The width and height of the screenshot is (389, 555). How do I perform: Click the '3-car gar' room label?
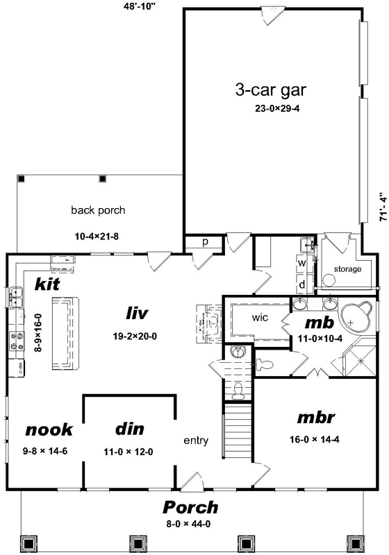coord(270,89)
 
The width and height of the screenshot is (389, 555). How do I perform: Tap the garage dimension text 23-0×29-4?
coord(276,109)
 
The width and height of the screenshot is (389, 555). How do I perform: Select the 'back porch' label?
coord(98,210)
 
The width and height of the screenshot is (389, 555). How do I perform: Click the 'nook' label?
coord(49,429)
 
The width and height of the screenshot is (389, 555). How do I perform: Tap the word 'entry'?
coord(197,441)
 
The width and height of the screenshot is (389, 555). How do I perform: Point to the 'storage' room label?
coord(347,268)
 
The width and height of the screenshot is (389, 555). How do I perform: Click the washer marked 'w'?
coord(302,264)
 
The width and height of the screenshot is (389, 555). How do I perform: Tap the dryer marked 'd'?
coord(302,284)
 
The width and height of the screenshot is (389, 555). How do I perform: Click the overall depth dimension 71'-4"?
coord(381,207)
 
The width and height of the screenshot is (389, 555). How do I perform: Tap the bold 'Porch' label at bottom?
coord(190,507)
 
